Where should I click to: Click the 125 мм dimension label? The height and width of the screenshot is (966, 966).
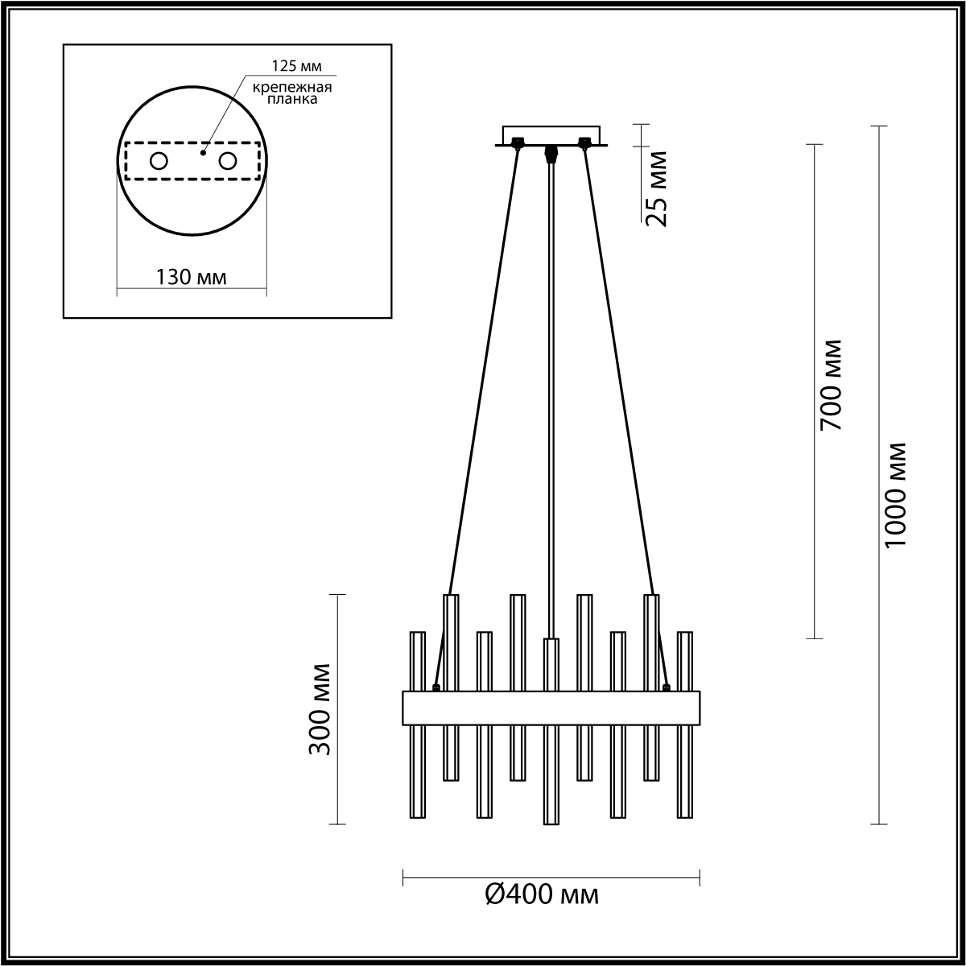(296, 66)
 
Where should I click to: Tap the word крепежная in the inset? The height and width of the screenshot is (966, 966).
(291, 88)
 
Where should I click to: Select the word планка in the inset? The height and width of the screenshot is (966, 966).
(291, 99)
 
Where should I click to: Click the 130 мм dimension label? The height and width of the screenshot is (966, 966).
(192, 277)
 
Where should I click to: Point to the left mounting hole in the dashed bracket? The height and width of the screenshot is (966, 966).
(159, 162)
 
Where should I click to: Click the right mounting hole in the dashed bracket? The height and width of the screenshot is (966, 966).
(227, 162)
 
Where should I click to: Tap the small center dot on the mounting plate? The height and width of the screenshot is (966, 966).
(203, 152)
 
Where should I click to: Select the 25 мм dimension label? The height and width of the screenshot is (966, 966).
(656, 189)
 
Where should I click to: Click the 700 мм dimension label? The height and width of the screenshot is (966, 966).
(830, 385)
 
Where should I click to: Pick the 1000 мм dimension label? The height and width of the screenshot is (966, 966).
(895, 495)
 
